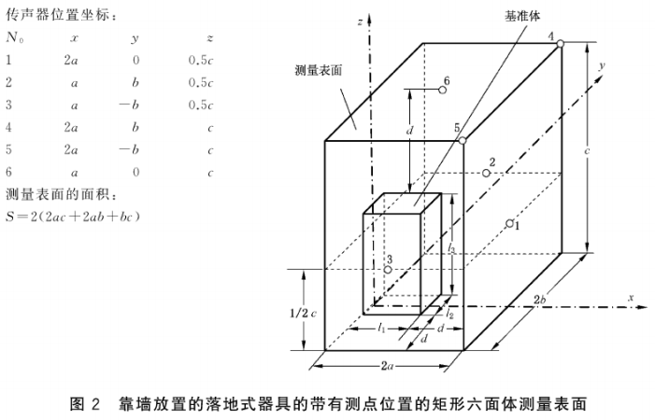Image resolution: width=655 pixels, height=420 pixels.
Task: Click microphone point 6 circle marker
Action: (443, 91)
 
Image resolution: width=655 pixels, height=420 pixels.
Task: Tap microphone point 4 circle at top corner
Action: (560, 44)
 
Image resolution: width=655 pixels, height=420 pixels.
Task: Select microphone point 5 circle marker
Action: (462, 140)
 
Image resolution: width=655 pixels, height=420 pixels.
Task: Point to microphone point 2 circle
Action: (486, 173)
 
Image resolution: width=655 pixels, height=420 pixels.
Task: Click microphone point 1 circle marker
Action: (508, 223)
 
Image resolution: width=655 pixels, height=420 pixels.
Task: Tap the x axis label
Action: (632, 297)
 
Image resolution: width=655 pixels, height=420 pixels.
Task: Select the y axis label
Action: (605, 64)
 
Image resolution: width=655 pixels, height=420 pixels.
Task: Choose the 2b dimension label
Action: (540, 299)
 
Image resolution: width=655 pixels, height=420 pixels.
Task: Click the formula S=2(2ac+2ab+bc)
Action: (73, 217)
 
